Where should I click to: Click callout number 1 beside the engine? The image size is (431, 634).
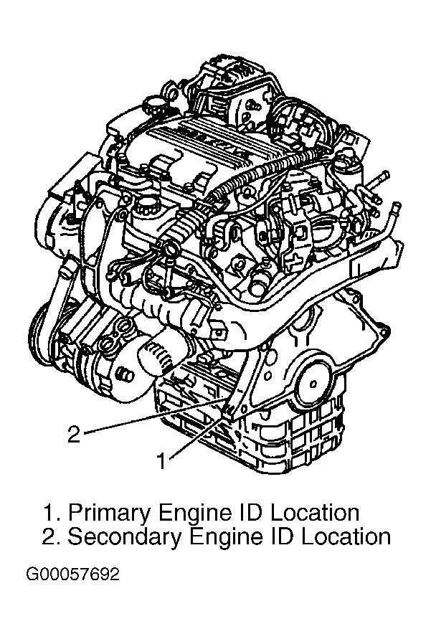click(x=161, y=461)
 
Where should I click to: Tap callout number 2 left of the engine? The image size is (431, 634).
click(x=74, y=434)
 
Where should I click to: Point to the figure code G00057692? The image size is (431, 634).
click(x=72, y=574)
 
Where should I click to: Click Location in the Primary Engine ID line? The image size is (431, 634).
click(x=314, y=512)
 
